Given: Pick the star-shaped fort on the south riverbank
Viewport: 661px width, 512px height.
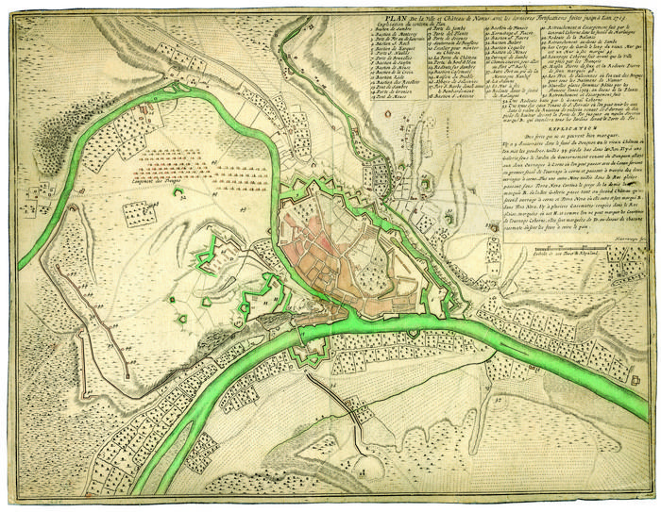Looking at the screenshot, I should pyautogui.click(x=311, y=353).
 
